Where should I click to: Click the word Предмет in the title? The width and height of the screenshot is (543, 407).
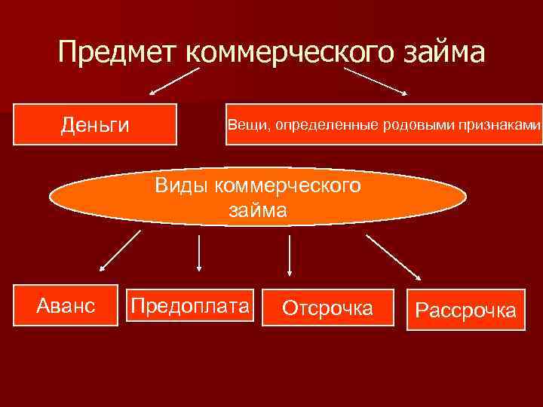(x=116, y=53)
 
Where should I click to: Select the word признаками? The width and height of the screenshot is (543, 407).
(x=505, y=124)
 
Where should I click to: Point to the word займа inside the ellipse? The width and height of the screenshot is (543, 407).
(x=257, y=210)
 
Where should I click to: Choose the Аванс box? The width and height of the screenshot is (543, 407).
(x=66, y=305)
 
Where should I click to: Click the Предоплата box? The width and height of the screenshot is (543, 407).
(x=190, y=305)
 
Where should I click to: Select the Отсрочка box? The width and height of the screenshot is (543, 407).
(x=327, y=308)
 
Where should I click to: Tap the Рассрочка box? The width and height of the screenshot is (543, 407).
(x=466, y=310)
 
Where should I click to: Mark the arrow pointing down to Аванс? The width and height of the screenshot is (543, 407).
(x=120, y=250)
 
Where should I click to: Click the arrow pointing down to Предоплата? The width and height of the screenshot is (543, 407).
(x=198, y=252)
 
